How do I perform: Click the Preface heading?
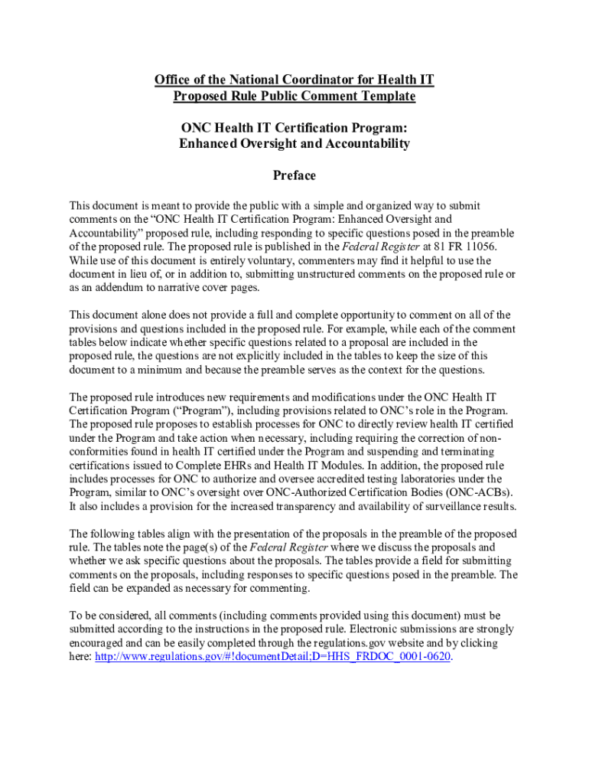(x=294, y=175)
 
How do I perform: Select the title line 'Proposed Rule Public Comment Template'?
(x=294, y=96)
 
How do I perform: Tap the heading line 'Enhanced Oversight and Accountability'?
(x=294, y=143)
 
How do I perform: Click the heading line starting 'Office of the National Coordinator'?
(x=294, y=80)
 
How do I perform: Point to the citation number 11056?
(x=476, y=247)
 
